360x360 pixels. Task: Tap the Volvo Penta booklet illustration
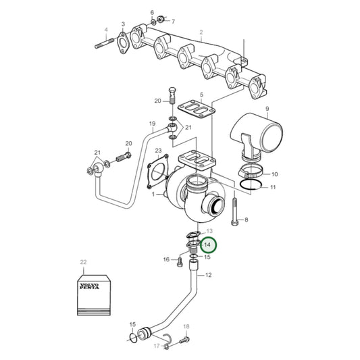91,292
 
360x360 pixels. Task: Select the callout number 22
83,261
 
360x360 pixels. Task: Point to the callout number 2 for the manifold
201,32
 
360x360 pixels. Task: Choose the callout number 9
267,109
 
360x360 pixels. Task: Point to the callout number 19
152,124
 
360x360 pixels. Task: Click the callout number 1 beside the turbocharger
153,195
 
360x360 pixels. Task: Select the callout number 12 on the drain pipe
208,275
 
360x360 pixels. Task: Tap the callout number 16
166,259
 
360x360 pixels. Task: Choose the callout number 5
201,95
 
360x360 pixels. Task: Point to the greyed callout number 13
208,231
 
